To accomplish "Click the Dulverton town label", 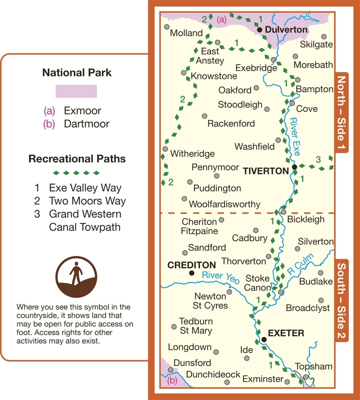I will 286,30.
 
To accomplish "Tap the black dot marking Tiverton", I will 295,167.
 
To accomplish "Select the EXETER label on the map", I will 285,332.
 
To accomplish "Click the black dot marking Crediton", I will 191,273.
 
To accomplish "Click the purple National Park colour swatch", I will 76,91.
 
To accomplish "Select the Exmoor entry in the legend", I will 82,111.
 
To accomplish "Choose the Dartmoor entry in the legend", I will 86,124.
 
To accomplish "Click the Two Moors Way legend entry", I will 87,201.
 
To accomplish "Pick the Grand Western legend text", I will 85,214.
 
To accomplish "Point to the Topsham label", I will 313,366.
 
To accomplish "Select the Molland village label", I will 186,33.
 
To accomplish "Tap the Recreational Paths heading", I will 77,159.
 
